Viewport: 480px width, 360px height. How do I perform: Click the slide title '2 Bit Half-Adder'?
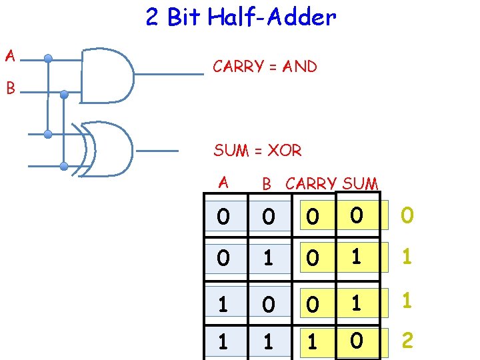coord(241,17)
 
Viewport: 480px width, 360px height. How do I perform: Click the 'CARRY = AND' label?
coord(264,67)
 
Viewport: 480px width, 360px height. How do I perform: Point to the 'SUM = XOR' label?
coord(257,151)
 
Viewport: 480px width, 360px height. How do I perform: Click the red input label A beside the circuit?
coord(10,56)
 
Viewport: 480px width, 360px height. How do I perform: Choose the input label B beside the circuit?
coord(10,87)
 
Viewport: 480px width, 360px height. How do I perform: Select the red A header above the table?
coord(223,181)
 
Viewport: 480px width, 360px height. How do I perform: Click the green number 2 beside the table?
coord(407,341)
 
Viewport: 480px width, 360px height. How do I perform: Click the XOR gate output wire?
coord(157,151)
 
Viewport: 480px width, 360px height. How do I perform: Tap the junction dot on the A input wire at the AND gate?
coord(48,58)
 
